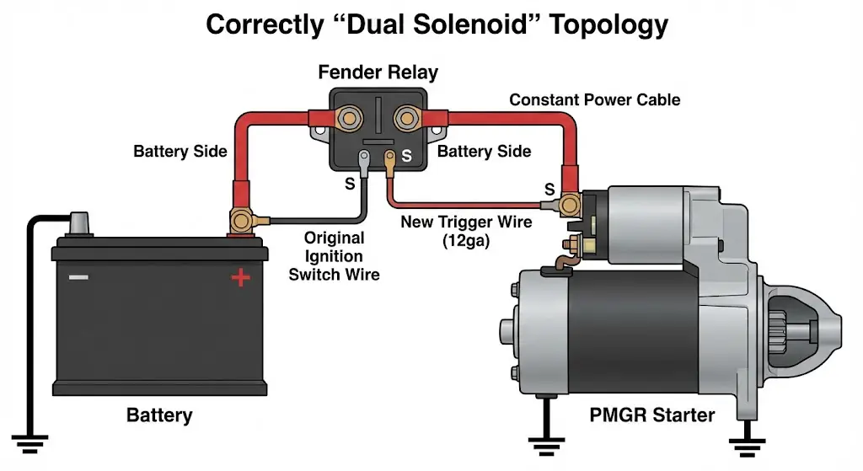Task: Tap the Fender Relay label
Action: click(x=378, y=72)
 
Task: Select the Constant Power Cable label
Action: click(x=594, y=99)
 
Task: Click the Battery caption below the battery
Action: click(x=159, y=415)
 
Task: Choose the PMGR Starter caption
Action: click(x=653, y=415)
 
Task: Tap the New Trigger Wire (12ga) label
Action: click(x=466, y=231)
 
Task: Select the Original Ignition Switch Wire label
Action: click(x=335, y=256)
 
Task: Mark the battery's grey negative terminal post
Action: click(x=80, y=222)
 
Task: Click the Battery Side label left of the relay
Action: click(x=180, y=152)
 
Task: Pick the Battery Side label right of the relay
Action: click(x=484, y=152)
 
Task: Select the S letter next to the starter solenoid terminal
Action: click(x=549, y=188)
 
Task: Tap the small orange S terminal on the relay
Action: click(x=391, y=158)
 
